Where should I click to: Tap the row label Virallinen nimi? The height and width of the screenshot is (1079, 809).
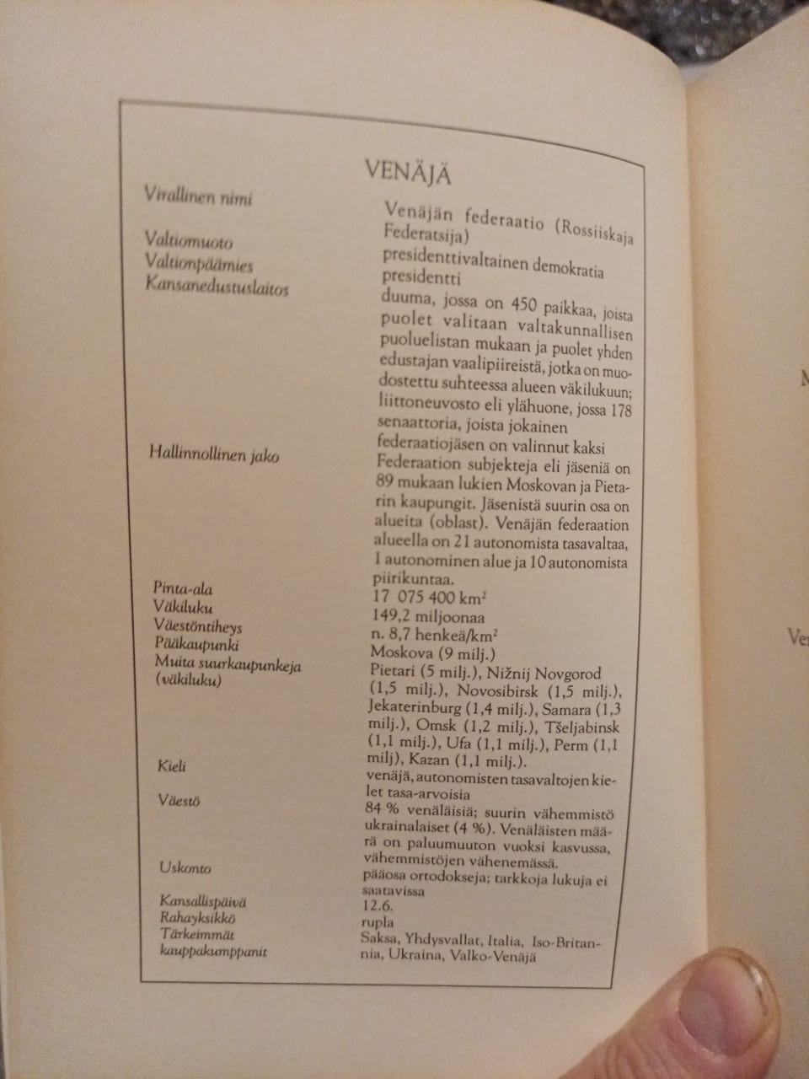click(199, 198)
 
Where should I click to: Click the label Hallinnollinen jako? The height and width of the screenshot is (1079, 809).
click(213, 456)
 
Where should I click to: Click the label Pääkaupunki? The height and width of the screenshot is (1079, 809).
click(197, 645)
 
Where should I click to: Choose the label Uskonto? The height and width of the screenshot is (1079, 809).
click(185, 867)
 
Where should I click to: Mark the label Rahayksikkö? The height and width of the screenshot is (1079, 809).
click(196, 917)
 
